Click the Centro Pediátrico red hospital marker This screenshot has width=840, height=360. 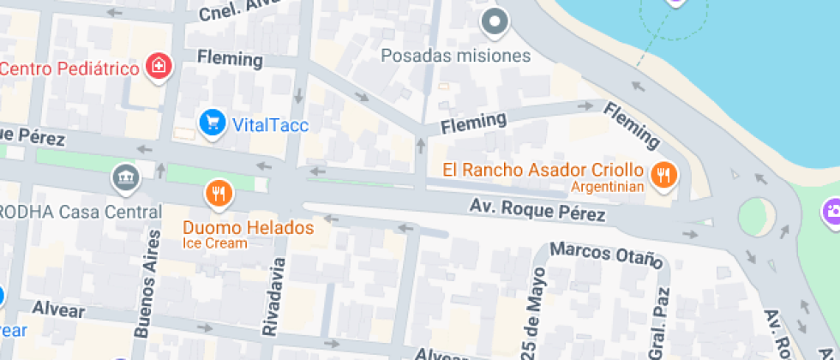pyautogui.click(x=159, y=65)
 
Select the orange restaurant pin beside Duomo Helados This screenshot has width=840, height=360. pyautogui.click(x=219, y=194)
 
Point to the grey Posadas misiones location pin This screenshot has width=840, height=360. pyautogui.click(x=495, y=21)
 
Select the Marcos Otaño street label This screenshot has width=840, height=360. pyautogui.click(x=607, y=254)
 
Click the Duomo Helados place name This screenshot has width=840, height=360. pyautogui.click(x=248, y=228)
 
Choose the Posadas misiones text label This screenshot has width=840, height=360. pyautogui.click(x=456, y=56)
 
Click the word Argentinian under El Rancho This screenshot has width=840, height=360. pyautogui.click(x=608, y=188)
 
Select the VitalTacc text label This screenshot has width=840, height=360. pyautogui.click(x=270, y=124)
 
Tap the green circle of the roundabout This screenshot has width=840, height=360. pyautogui.click(x=756, y=215)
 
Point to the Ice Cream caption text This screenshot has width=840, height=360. pyautogui.click(x=214, y=243)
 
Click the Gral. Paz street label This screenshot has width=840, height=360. pyautogui.click(x=657, y=327)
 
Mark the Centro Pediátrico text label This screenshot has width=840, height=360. pyautogui.click(x=69, y=68)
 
